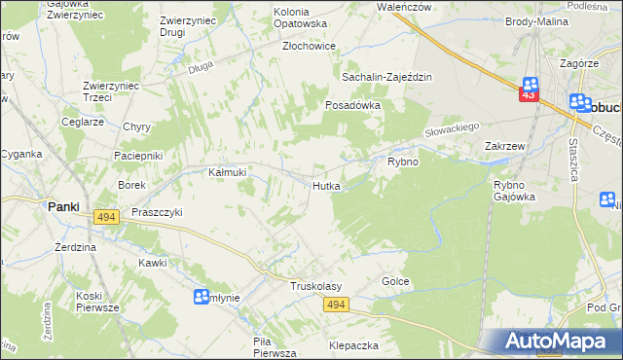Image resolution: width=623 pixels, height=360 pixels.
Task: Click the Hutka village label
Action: coord(326,185)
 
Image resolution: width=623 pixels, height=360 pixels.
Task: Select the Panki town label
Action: coord(64,206)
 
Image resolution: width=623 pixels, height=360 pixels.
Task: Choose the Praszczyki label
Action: coord(151,212)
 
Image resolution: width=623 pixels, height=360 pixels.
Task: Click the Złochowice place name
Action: coord(309,46)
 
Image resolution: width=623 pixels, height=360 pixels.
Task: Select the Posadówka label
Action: coord(351,104)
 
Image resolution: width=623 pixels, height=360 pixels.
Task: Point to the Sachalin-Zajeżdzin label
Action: coord(386,77)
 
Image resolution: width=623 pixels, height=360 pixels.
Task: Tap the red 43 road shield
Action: coord(530,95)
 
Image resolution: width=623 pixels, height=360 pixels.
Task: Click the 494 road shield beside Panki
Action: coord(107,218)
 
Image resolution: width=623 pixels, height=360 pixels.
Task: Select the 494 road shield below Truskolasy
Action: coord(336,306)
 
